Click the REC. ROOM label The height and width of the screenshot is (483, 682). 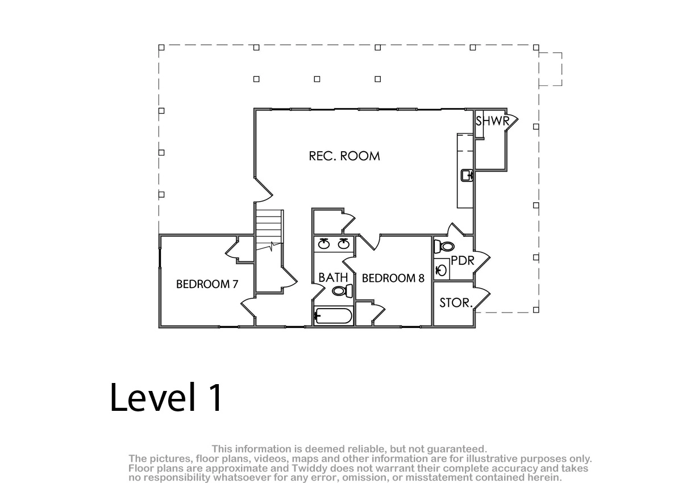point(344,156)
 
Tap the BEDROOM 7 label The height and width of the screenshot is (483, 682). point(207,284)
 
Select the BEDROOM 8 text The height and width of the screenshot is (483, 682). point(393,278)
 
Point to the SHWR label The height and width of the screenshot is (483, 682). point(492,121)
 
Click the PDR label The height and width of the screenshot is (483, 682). point(463,260)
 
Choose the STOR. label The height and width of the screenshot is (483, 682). point(456,303)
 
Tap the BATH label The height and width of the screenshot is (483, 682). point(333,277)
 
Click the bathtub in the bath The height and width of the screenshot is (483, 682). point(333,316)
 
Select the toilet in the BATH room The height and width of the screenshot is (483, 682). point(343,291)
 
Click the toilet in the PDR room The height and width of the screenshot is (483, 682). point(444,246)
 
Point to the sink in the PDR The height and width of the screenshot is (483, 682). point(442,270)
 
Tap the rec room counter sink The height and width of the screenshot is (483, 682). point(467,176)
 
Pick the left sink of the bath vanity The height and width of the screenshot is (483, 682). point(324,243)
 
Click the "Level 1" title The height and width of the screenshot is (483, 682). point(166,397)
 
